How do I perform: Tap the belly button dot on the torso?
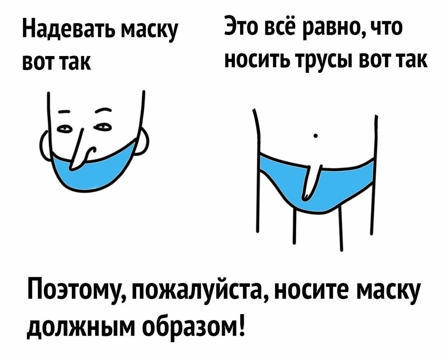[x=316, y=136]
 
